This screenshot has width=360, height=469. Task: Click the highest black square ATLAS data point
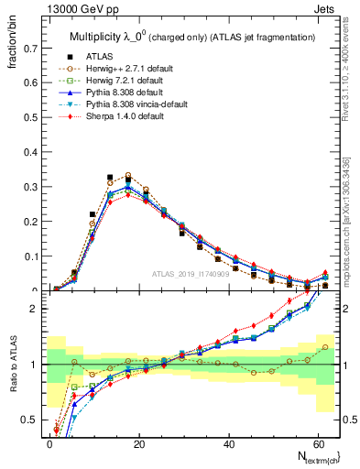coord(111,177)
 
